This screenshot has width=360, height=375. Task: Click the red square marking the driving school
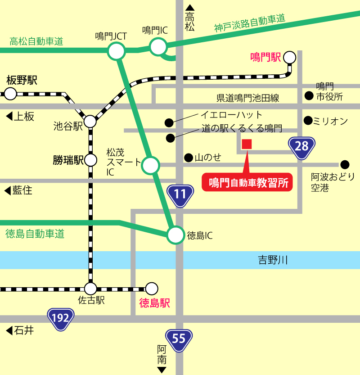(x=247, y=144)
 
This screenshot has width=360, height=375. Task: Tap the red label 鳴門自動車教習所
(x=247, y=183)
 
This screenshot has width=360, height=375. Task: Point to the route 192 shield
(x=60, y=318)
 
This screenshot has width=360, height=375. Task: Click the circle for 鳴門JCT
(x=116, y=51)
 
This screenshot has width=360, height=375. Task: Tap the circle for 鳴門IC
(x=158, y=46)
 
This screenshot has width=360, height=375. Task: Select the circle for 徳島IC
(x=175, y=235)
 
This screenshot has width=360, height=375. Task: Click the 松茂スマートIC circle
(x=150, y=165)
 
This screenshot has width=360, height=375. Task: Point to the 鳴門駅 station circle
(x=290, y=57)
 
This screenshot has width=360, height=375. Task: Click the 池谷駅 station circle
(x=90, y=121)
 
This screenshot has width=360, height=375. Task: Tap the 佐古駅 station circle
(x=90, y=289)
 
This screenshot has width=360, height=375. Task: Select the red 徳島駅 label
(x=154, y=303)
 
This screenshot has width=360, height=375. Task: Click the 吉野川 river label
(x=272, y=260)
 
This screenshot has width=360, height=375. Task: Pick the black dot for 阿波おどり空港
(x=345, y=164)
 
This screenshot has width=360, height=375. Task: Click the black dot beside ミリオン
(x=308, y=120)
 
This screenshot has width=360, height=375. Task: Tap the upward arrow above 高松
(x=190, y=7)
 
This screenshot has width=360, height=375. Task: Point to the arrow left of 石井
(x=8, y=331)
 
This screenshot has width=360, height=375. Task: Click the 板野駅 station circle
(x=10, y=94)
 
